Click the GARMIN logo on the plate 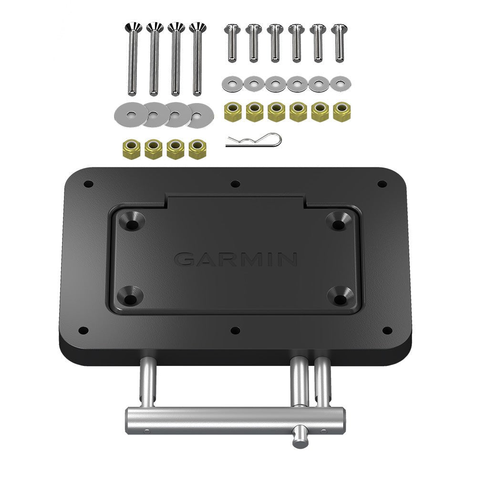click(x=236, y=259)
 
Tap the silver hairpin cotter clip click(x=254, y=141)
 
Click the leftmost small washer click(x=232, y=84)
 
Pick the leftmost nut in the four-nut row click(x=131, y=149)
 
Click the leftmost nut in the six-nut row click(x=233, y=112)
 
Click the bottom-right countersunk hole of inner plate click(x=342, y=298)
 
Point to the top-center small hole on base click(x=235, y=184)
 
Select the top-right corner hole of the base click(x=382, y=184)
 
